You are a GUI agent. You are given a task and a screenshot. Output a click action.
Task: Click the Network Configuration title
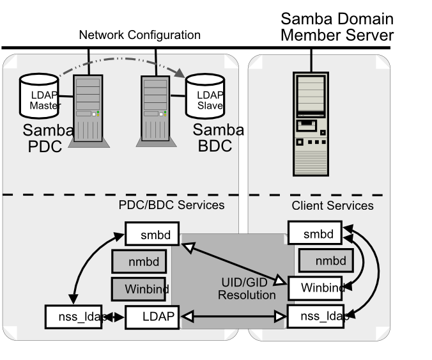pos(139,35)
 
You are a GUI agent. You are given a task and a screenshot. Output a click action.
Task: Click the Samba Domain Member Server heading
pos(337,27)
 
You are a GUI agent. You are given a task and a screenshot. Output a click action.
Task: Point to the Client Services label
pos(332,206)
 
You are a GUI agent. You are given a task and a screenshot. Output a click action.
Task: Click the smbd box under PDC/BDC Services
pos(151,234)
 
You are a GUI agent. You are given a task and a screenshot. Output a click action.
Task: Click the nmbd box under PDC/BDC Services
pos(139,261)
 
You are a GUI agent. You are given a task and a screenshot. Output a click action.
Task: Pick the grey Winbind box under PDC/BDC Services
pos(139,288)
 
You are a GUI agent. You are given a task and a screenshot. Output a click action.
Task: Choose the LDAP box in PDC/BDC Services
pos(153,316)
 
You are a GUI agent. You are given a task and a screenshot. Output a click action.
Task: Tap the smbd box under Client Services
pos(315,233)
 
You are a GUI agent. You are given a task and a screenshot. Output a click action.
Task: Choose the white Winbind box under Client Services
pos(314,288)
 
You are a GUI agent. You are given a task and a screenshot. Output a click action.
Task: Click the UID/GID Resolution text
pos(247,289)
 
